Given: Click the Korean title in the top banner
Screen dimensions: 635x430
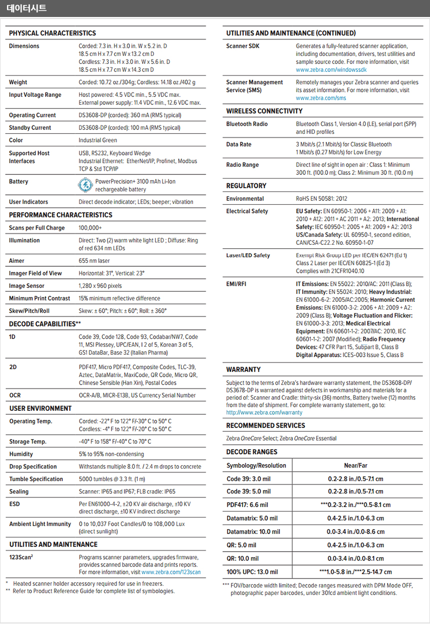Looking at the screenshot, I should (x=26, y=8).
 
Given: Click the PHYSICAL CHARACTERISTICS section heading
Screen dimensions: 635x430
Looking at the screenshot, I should (x=52, y=33).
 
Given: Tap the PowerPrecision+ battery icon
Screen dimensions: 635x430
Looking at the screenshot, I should (x=85, y=185).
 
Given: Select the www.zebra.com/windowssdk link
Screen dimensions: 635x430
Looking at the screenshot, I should (x=331, y=70).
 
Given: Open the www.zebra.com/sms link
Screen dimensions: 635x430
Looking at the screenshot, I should (x=320, y=98).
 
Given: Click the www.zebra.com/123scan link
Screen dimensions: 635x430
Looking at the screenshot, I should (x=171, y=572).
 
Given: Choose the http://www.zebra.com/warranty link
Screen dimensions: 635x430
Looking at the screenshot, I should (x=264, y=413).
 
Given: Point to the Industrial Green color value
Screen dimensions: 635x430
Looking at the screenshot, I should (x=97, y=140).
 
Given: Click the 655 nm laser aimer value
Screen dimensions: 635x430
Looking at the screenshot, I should (x=94, y=261).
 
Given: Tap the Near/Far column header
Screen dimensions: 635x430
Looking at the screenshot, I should (x=355, y=466).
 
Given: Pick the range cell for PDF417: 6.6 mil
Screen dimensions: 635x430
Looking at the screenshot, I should (x=355, y=505).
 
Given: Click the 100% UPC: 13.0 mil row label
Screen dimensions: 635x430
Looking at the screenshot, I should (x=252, y=572).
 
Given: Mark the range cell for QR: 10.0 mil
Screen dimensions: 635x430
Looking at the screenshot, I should (x=355, y=558).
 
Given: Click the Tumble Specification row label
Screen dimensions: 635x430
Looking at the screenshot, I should (x=36, y=479).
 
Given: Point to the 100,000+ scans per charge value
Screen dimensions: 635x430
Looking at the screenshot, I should (x=90, y=228).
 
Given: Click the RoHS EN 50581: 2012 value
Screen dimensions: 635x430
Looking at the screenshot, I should (x=321, y=198).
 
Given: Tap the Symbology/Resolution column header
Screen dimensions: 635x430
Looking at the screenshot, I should (x=256, y=466).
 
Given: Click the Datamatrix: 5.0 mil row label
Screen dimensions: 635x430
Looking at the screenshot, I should (x=251, y=518).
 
